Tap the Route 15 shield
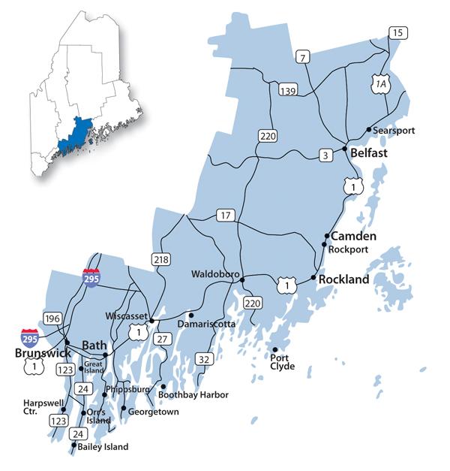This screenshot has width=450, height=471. (x=397, y=32)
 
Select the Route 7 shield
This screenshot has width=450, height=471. (x=303, y=58)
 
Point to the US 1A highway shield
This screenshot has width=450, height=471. (x=381, y=85)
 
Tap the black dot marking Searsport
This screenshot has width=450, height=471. (x=368, y=130)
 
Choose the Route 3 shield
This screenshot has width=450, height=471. (x=324, y=156)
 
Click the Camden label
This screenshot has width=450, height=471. (x=353, y=236)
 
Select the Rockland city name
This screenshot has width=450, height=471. (x=344, y=279)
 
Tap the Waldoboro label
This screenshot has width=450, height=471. (x=214, y=273)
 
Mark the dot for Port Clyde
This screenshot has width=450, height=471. (x=275, y=350)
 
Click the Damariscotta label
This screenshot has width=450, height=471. (x=207, y=324)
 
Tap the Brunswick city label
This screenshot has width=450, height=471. (x=42, y=352)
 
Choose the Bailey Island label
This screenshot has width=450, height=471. (x=103, y=447)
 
